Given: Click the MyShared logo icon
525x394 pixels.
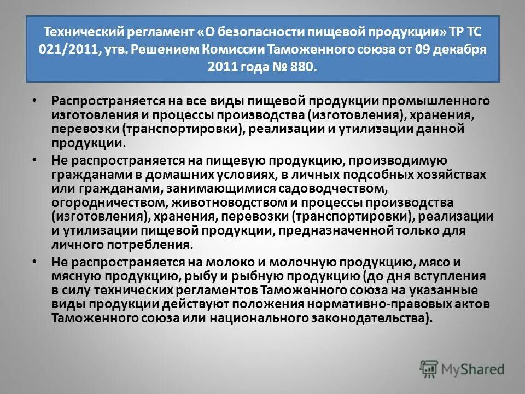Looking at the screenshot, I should click(x=428, y=368).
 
